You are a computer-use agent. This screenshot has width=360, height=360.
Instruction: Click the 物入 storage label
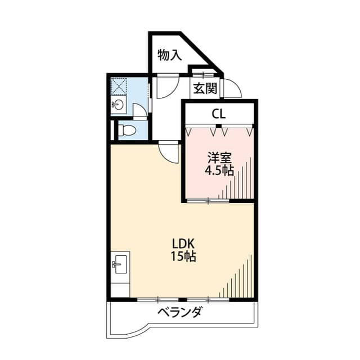click(170, 55)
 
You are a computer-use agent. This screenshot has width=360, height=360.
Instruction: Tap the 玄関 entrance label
click(205, 88)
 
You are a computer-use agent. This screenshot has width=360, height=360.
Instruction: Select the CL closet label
click(219, 114)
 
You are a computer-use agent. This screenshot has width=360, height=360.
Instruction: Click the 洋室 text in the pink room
click(219, 157)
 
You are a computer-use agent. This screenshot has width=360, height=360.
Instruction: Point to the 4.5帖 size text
click(219, 170)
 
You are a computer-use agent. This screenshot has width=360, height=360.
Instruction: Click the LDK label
click(183, 244)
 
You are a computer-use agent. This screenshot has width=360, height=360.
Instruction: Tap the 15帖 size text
click(183, 256)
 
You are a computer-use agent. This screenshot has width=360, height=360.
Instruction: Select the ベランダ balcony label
click(180, 312)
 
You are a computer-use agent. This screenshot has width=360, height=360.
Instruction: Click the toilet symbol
click(127, 130)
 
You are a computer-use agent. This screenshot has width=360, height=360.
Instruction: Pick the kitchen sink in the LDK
click(120, 264)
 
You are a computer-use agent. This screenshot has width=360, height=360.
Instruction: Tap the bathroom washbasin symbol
click(118, 105)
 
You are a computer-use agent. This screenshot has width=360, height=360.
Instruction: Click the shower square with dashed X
click(119, 85)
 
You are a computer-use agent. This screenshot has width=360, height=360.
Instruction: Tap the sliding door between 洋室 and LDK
click(208, 201)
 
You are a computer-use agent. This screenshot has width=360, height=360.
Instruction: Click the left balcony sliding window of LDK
click(158, 300)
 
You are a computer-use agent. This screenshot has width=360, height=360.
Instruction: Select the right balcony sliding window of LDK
click(208, 300)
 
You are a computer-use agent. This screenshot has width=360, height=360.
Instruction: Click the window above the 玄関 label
click(203, 74)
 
